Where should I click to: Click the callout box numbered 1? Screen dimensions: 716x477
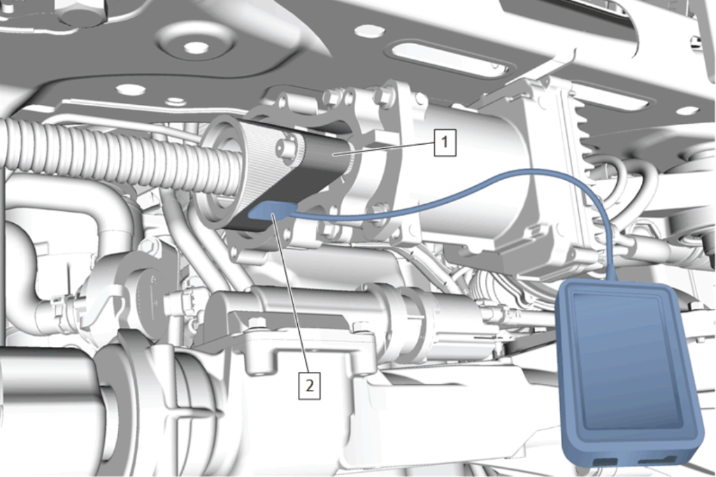445,143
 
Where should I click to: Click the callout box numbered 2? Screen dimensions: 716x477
309,386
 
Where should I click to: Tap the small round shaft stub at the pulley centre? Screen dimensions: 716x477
285,148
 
